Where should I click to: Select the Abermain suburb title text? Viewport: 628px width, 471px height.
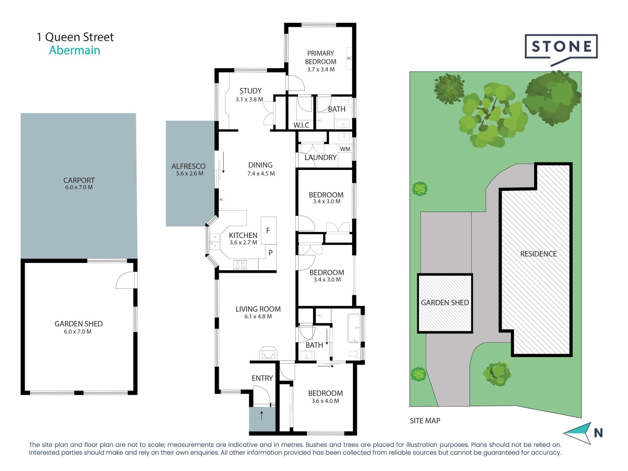(75, 50)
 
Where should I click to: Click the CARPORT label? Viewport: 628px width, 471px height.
(79, 180)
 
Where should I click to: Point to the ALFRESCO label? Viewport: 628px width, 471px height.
(188, 166)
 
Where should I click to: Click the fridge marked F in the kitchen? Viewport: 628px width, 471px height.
(269, 230)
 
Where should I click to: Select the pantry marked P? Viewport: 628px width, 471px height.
(270, 253)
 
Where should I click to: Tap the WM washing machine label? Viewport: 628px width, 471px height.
(345, 149)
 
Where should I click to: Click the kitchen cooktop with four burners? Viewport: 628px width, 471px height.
(240, 265)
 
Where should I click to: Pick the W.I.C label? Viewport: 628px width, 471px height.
(301, 125)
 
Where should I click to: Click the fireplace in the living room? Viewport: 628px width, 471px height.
(268, 354)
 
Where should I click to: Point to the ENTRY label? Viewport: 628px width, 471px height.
(262, 378)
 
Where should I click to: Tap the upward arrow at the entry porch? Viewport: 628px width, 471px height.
(262, 415)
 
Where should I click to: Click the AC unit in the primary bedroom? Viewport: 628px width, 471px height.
(349, 58)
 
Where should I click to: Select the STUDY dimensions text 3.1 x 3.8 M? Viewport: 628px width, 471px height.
(249, 99)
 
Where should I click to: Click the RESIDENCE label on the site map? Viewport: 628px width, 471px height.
(538, 254)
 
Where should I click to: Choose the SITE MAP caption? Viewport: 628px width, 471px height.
(425, 421)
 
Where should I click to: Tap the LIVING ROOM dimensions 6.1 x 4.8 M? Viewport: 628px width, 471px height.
(258, 316)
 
